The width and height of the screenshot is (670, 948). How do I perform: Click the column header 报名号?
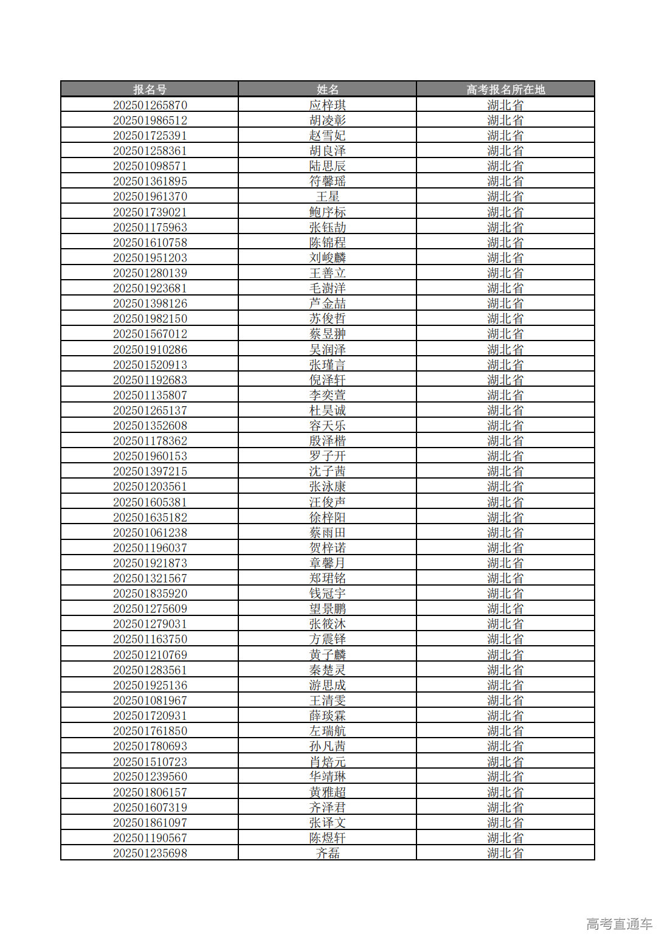coord(150,89)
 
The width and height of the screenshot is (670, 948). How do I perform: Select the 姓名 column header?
coord(327,89)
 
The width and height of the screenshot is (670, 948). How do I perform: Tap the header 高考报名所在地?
coord(505,89)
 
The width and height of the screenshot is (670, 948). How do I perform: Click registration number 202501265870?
coord(150,105)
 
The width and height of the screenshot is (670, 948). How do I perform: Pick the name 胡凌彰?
coord(327,120)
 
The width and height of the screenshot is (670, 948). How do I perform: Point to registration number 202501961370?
coord(150,196)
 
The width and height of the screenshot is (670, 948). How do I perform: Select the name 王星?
coord(327,196)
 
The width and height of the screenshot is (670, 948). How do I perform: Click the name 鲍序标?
coord(327,212)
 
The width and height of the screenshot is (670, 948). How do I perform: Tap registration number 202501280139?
coord(150,273)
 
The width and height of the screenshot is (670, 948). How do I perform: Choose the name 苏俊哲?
coord(327,319)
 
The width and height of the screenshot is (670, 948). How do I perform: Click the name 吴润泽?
coord(327,350)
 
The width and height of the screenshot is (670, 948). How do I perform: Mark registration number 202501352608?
coord(150,426)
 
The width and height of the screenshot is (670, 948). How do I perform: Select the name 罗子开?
coord(327,456)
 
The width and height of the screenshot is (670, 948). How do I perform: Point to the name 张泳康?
coord(327,486)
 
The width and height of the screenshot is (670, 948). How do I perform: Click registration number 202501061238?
coord(150,533)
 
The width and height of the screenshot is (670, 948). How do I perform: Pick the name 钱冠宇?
coord(327,593)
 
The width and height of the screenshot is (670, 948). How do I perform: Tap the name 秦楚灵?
coord(327,670)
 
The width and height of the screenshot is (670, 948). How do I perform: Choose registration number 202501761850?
coord(150,731)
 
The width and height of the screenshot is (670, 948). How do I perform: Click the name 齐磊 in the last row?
coord(327,853)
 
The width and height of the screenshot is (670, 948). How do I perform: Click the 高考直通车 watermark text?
coord(619,924)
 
